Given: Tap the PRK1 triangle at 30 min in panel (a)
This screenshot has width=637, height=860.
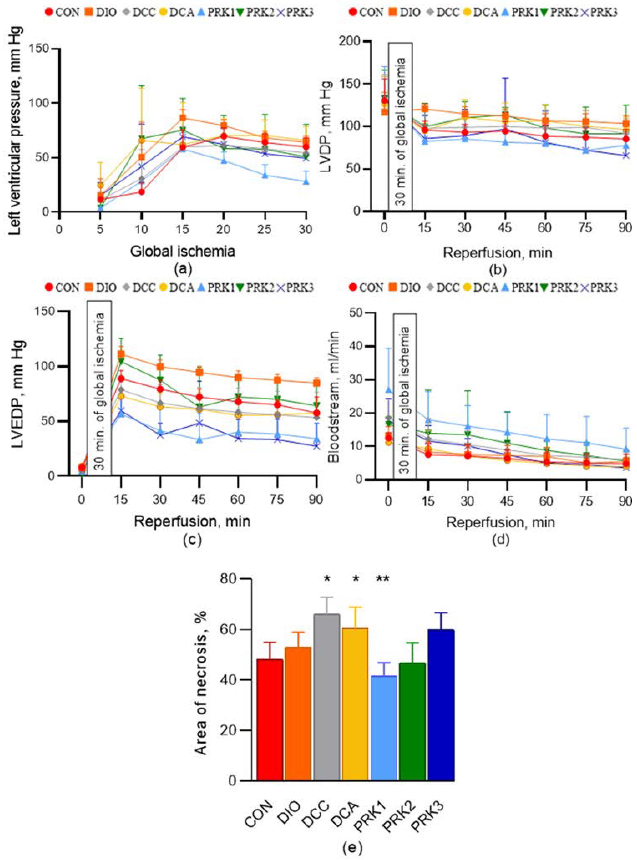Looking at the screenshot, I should [x=306, y=181].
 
